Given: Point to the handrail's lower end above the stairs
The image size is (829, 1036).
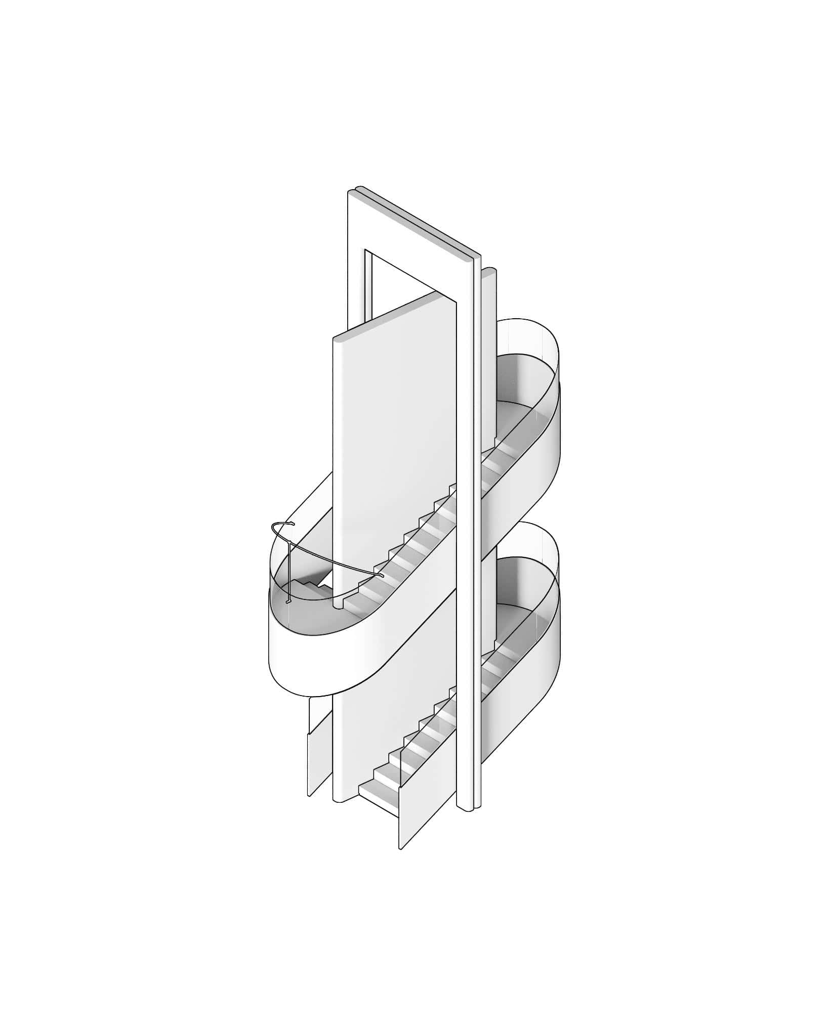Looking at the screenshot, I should point(381,575).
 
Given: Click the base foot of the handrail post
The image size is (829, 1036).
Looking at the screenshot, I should point(288,602).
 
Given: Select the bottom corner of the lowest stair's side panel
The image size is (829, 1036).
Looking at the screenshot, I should point(400,848).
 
